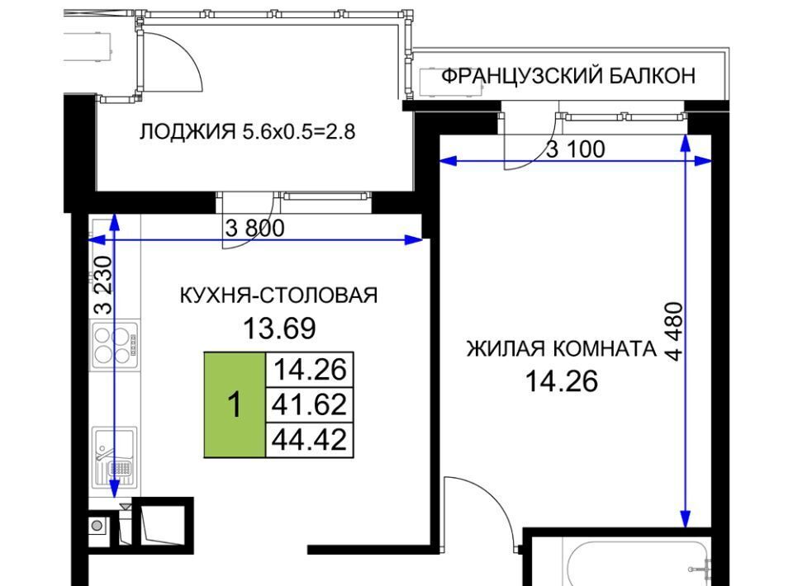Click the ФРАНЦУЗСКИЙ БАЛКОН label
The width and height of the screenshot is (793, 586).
568,76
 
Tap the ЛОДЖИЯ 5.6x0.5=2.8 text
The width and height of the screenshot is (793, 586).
247,131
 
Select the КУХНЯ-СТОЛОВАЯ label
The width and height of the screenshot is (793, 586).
278,295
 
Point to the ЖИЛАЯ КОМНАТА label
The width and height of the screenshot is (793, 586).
562,348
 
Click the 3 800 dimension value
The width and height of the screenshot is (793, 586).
254,228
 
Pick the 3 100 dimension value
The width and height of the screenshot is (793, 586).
576,149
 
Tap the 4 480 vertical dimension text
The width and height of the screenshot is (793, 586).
675,331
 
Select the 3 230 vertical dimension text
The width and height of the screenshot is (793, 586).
102,285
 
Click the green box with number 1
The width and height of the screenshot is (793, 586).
235,405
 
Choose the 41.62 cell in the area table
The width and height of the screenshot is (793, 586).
310,404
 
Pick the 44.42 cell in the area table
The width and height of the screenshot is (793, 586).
310,439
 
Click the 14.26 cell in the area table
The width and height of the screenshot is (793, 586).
310,370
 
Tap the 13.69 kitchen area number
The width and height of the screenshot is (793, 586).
279,328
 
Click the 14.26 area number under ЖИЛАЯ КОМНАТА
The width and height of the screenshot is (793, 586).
562,381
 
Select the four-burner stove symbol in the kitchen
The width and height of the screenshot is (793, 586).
115,346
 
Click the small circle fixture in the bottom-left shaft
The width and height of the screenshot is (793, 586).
97,526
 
